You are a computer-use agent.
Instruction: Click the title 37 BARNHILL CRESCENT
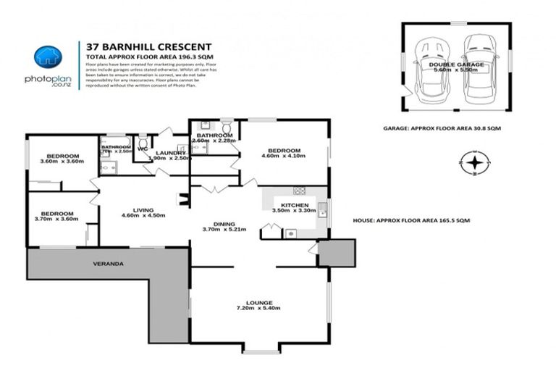click(148, 45)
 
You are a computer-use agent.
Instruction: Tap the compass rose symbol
click(473, 163)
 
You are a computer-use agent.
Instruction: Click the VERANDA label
click(108, 263)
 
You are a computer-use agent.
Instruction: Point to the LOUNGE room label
click(259, 302)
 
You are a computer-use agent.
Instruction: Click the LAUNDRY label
click(171, 153)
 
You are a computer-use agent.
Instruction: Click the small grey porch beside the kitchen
click(336, 253)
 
